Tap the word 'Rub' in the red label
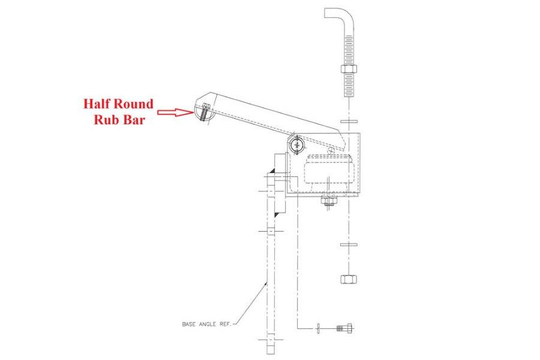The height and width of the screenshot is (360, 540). [109, 119]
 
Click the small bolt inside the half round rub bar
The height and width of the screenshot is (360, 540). [205, 112]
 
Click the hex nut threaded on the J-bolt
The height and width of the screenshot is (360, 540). [349, 68]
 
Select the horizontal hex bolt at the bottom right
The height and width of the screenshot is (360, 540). [343, 328]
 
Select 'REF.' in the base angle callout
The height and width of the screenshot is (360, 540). [229, 324]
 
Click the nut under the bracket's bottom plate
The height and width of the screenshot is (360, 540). [329, 203]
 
